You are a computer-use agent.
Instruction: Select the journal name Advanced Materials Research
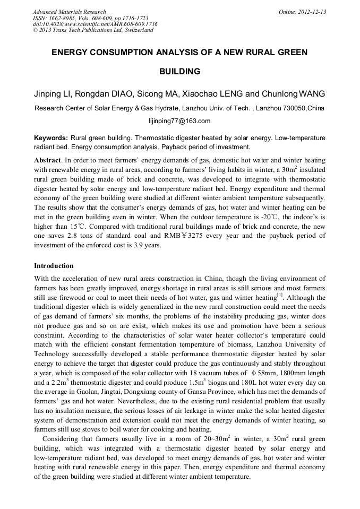[70, 12]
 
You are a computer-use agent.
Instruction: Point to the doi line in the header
[95, 24]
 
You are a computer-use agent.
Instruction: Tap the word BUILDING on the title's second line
[179, 71]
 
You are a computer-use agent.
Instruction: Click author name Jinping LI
[53, 94]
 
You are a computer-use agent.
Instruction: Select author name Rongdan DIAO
[106, 94]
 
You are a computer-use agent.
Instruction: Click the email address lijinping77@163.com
[179, 121]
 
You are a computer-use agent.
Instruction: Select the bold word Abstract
[47, 159]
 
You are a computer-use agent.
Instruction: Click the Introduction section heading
[54, 265]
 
